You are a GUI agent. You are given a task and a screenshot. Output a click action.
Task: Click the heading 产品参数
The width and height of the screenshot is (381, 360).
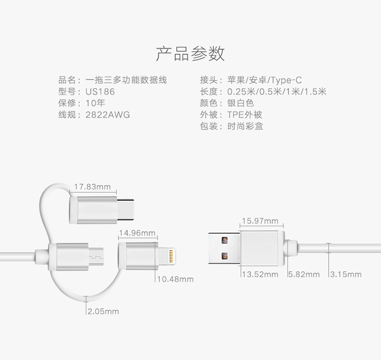[190, 53]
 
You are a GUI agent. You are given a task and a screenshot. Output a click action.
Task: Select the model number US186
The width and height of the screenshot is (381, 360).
[100, 92]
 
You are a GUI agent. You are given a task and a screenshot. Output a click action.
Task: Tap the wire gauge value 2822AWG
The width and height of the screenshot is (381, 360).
[108, 115]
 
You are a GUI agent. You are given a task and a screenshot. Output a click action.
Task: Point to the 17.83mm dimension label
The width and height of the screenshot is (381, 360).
[92, 187]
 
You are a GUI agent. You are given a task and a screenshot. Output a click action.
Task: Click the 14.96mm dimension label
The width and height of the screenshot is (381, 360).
[137, 233]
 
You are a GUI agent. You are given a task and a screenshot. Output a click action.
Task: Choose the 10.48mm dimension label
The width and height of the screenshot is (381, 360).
[175, 279]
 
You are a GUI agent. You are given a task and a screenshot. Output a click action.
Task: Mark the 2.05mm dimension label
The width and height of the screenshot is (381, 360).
[103, 311]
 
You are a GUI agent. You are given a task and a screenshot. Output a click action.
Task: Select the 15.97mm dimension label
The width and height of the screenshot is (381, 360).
[260, 221]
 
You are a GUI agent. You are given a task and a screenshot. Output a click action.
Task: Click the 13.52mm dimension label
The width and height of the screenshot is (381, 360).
[260, 274]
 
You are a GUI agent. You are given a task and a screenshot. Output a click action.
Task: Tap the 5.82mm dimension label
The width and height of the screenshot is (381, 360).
[304, 274]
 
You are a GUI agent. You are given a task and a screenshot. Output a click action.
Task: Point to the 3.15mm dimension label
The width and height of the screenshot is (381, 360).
[346, 274]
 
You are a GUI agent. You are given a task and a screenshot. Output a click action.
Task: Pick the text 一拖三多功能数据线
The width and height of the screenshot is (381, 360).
[126, 80]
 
